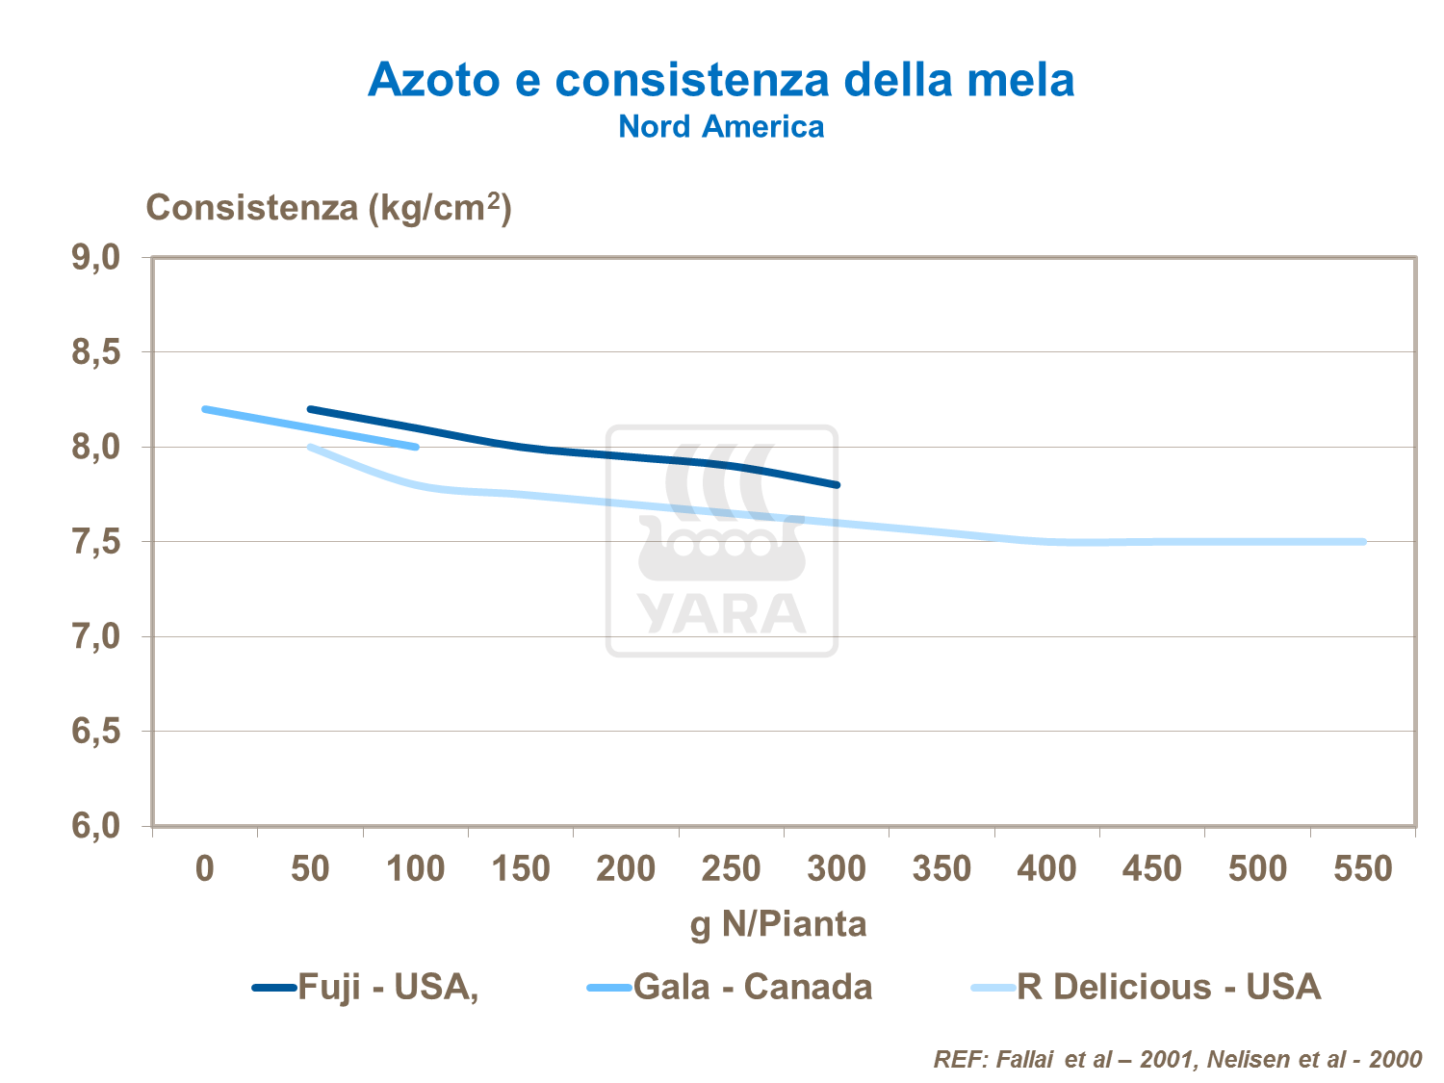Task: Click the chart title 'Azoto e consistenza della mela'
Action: pos(721,79)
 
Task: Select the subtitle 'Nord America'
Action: pos(721,127)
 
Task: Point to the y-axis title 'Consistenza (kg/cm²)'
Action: pos(328,207)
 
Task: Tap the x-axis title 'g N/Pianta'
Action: pos(778,924)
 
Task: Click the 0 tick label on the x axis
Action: pos(205,869)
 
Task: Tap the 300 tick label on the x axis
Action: pos(837,869)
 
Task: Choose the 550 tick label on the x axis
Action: pos(1363,869)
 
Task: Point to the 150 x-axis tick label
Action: pos(521,869)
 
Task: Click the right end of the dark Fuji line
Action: pos(837,484)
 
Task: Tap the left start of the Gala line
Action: pos(205,409)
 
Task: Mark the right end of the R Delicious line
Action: pos(1362,542)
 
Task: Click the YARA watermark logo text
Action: pos(722,614)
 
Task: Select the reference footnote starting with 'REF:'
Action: pos(1176,1060)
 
